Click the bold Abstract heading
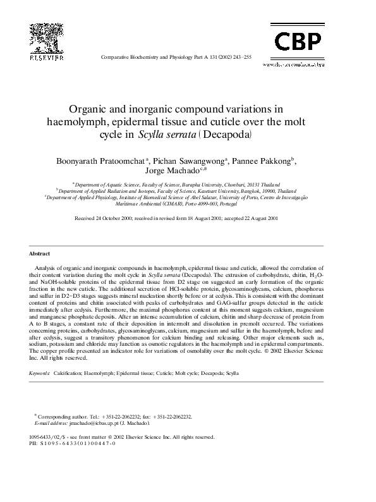pyautogui.click(x=40, y=254)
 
